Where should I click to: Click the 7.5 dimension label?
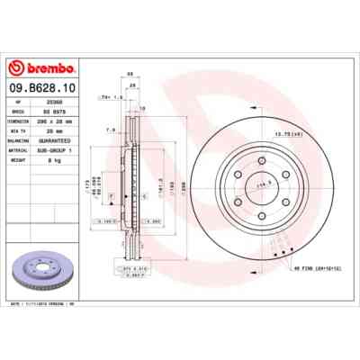click(x=110, y=130)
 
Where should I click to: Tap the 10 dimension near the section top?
click(x=142, y=109)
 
